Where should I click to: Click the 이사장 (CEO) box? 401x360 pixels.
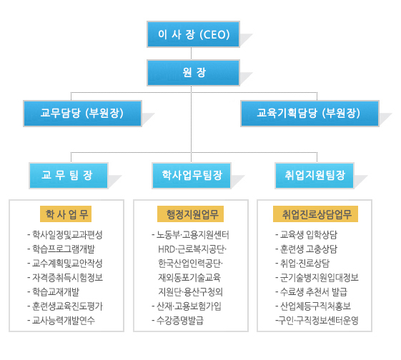pos(193,34)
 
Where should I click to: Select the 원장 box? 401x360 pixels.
pos(193,73)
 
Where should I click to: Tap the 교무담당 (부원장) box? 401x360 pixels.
pos(83,114)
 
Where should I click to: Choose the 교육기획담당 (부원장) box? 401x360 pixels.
pos(310,114)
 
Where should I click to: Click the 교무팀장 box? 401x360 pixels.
pos(69,176)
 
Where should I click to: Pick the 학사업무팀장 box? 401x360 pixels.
pos(192,176)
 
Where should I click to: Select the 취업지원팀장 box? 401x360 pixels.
pos(315,176)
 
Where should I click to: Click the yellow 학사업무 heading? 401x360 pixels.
pos(66,214)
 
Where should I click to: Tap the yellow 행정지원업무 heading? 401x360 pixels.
pos(191,214)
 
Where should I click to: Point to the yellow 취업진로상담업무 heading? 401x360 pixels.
pos(316,214)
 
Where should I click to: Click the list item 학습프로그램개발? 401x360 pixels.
pos(61,249)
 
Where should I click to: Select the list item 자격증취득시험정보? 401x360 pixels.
pos(65,277)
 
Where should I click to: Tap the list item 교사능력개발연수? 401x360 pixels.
pos(61,320)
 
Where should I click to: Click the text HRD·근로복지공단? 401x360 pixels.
pos(192,249)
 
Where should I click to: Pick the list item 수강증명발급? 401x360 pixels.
pos(178,320)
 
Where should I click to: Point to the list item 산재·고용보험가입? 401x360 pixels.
pos(187,306)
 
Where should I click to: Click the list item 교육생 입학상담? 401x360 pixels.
pos(307,234)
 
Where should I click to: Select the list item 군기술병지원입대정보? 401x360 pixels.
pos(317,277)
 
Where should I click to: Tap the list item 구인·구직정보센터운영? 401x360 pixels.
pos(317,320)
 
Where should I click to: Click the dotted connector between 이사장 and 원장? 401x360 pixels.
pos(191,54)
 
